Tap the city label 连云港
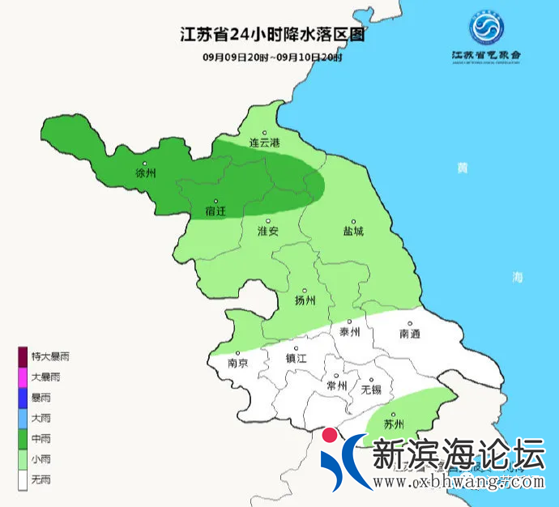[x=263, y=143]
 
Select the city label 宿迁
[x=215, y=211]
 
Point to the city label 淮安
[x=267, y=231]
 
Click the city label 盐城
[x=353, y=231]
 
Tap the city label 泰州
[x=349, y=333]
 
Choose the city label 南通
[x=410, y=334]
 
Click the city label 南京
[x=238, y=364]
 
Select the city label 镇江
[x=297, y=358]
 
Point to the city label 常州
[x=335, y=386]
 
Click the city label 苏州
[x=394, y=424]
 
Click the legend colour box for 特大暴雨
[x=24, y=356]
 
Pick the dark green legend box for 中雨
[x=24, y=439]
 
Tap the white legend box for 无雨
[x=24, y=480]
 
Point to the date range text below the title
[x=272, y=57]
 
